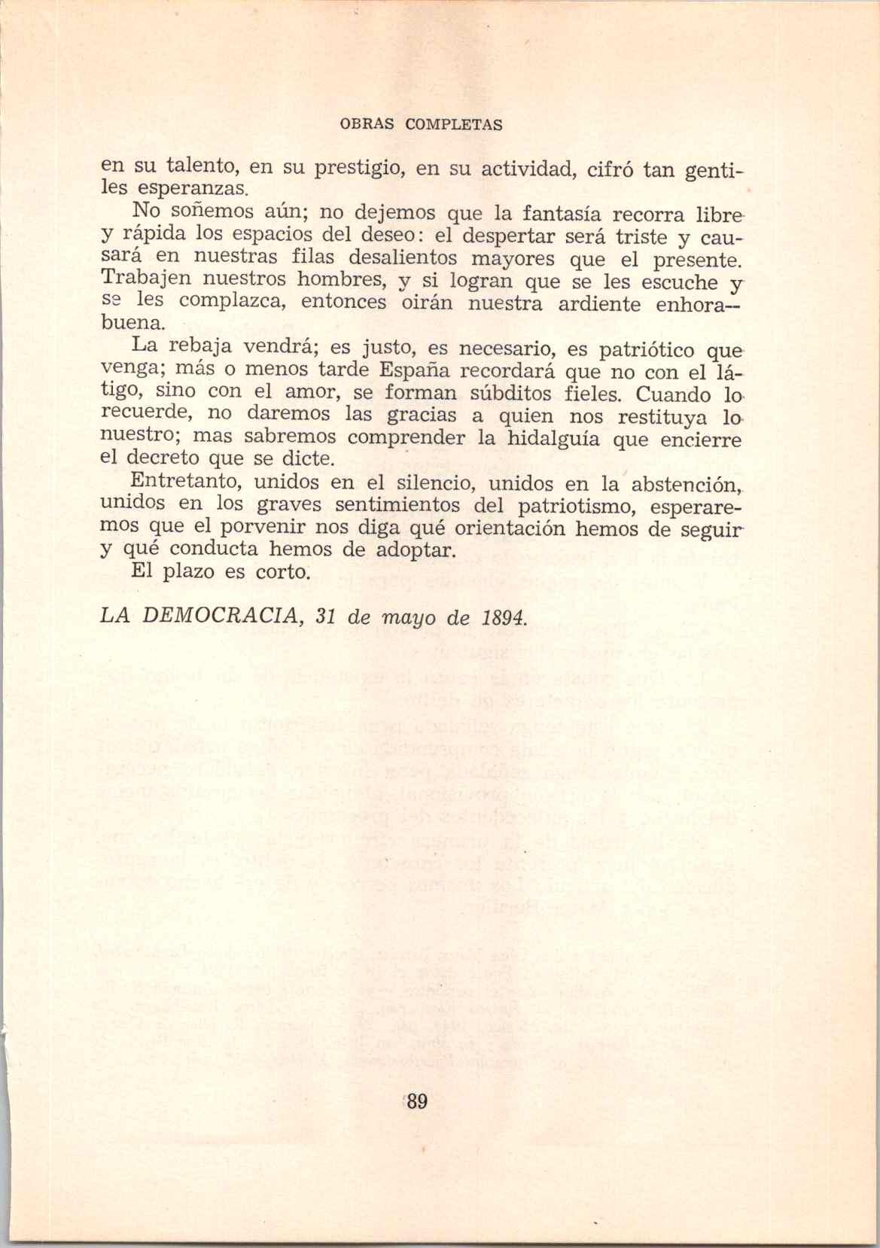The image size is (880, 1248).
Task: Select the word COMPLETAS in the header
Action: [x=454, y=125]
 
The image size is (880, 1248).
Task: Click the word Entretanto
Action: [x=186, y=481]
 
